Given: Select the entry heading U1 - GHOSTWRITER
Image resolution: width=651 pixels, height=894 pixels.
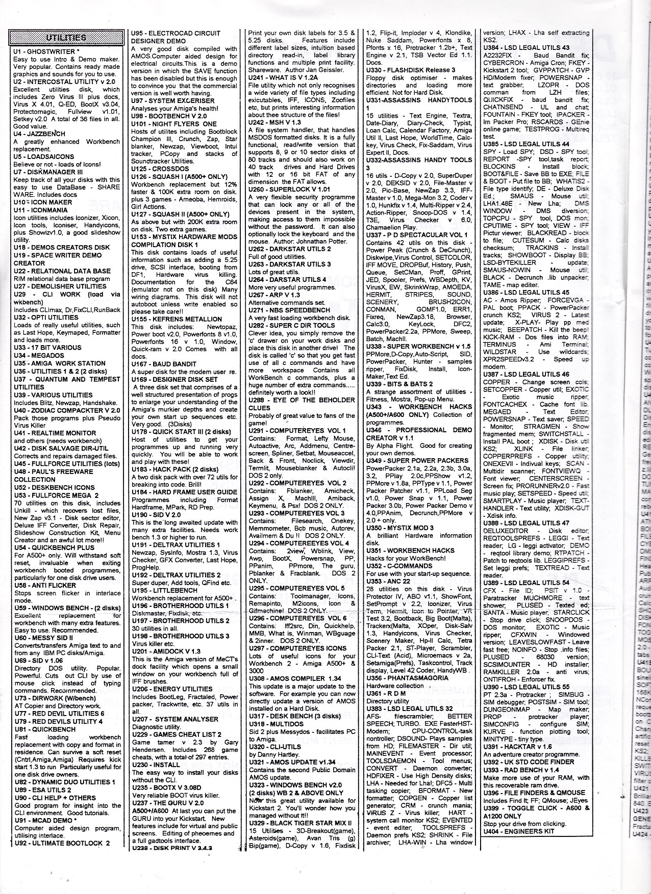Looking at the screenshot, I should pos(46,51).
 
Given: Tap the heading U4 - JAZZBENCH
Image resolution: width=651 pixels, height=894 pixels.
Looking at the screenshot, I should pos(40,134).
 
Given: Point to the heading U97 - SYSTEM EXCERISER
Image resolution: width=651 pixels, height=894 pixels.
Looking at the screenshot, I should pos(173,101).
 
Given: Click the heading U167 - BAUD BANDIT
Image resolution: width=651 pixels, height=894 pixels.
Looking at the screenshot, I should pos(164,364).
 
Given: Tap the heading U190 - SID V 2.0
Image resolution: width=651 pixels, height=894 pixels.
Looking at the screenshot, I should pos(156,515).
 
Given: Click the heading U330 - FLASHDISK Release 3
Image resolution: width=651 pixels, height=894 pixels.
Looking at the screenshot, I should pos(411,70).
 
